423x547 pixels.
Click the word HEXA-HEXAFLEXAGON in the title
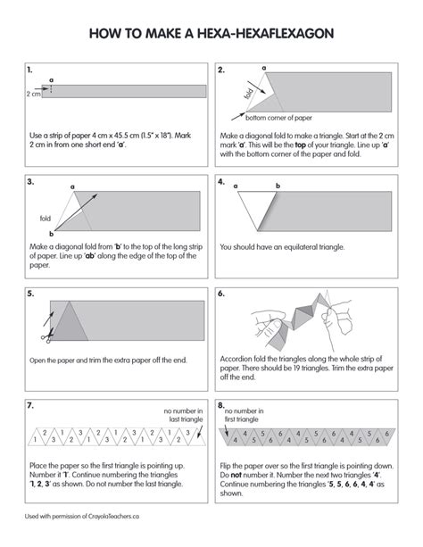266,34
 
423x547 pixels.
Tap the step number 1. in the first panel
29,70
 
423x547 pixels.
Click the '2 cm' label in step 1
34,94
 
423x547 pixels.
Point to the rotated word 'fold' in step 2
248,94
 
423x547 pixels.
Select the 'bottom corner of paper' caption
278,118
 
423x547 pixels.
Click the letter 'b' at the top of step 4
278,186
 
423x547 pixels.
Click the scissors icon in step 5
47,336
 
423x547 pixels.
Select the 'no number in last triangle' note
184,415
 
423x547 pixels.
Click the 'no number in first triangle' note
244,415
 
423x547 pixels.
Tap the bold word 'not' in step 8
236,475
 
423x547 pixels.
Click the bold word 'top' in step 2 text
300,145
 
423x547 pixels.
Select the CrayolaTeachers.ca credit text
82,517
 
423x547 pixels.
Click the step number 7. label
30,405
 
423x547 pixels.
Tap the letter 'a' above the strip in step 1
51,80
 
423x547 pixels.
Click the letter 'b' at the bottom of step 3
51,234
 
